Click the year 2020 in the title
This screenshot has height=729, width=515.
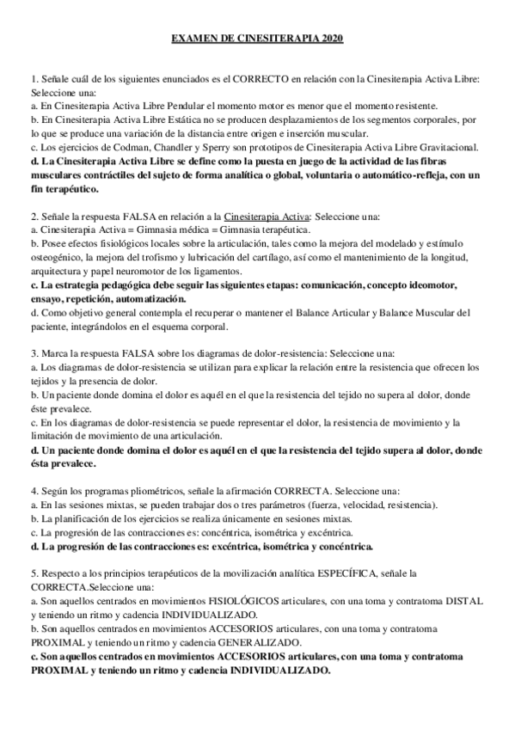(328, 39)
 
